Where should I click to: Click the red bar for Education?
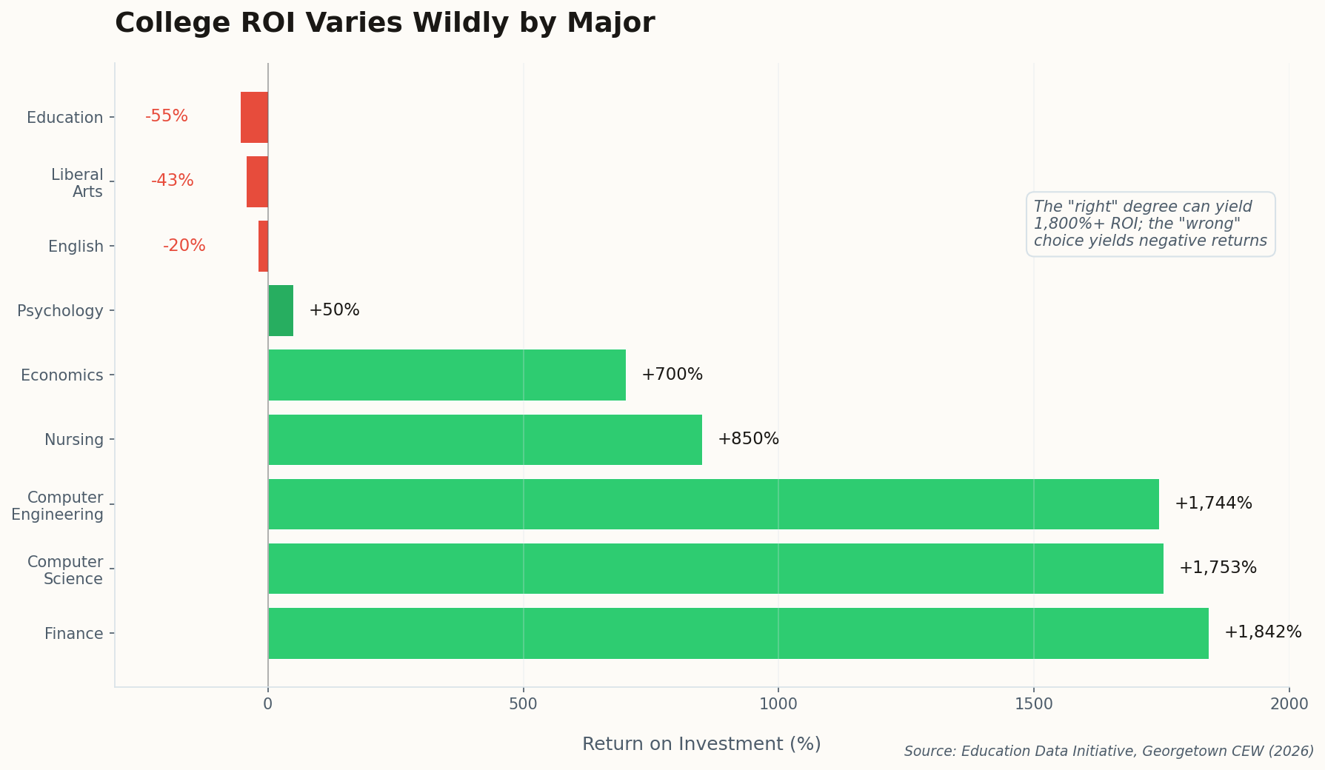click(x=254, y=117)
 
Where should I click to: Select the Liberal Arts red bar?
click(x=257, y=181)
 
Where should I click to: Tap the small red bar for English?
click(x=263, y=246)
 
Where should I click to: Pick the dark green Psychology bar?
click(x=281, y=310)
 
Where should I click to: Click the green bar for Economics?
click(x=447, y=375)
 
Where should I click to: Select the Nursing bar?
click(x=485, y=439)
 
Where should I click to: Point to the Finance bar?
click(x=738, y=633)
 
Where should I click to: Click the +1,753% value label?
click(x=1218, y=568)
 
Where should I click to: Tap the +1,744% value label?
click(x=1213, y=503)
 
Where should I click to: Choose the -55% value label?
click(x=167, y=116)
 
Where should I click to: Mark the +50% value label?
click(x=334, y=310)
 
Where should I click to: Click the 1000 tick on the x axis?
click(x=778, y=704)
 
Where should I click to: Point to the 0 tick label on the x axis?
click(x=268, y=704)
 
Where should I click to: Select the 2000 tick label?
click(x=1289, y=704)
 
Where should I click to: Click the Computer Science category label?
click(x=65, y=570)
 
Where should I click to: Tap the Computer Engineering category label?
click(x=58, y=506)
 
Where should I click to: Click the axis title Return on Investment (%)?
click(x=701, y=743)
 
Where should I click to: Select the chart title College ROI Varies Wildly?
click(x=384, y=23)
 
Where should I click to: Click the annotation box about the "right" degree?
click(x=1150, y=224)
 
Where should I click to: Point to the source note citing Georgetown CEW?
click(x=1109, y=751)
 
